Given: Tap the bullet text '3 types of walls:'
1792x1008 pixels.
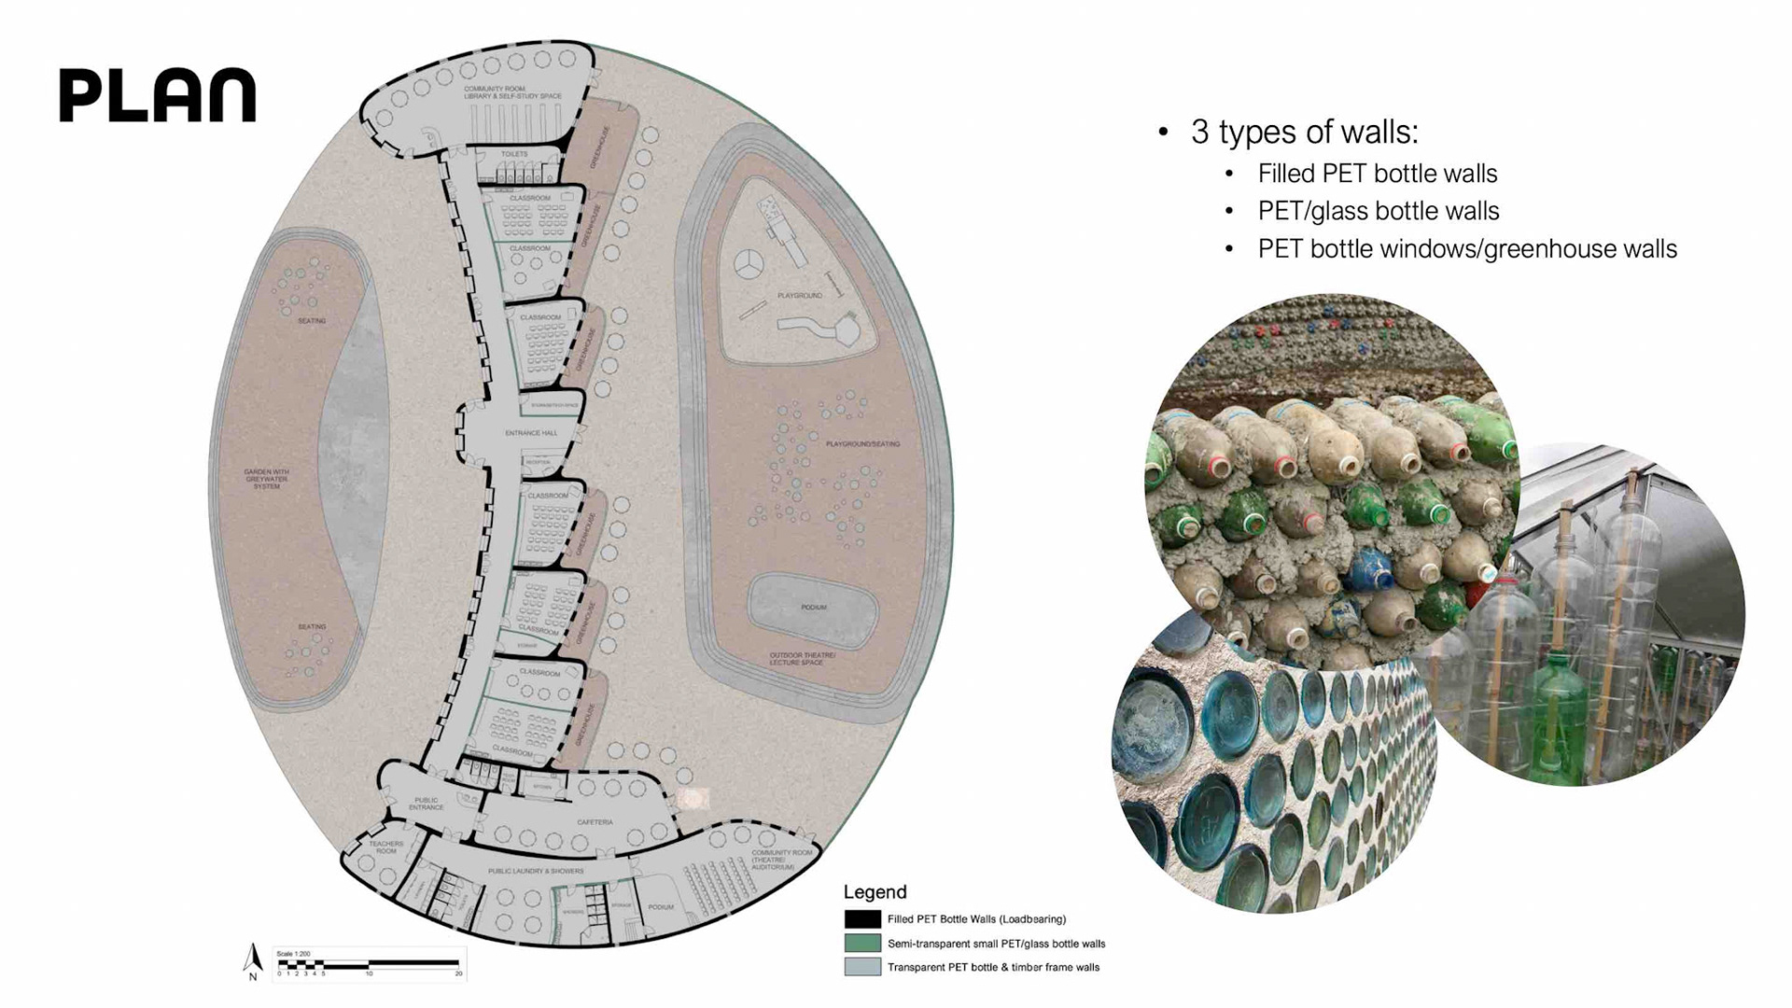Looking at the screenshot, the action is pyautogui.click(x=1304, y=132).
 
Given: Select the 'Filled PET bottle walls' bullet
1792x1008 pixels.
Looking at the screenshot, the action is pyautogui.click(x=1377, y=174).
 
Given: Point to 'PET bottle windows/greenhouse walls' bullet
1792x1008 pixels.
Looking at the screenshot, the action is pyautogui.click(x=1466, y=249).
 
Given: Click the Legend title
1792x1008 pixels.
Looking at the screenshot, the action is pyautogui.click(x=875, y=891).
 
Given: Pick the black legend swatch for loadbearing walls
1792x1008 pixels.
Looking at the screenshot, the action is pyautogui.click(x=862, y=919).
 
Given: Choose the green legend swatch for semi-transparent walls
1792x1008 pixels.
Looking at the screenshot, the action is pyautogui.click(x=862, y=944).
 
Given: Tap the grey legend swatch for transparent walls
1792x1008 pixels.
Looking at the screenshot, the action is pyautogui.click(x=862, y=967).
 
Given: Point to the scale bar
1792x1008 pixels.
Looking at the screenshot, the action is pyautogui.click(x=369, y=962).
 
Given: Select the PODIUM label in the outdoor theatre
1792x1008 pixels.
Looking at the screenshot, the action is pyautogui.click(x=813, y=608).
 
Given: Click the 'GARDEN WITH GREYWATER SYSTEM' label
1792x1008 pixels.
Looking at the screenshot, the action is pyautogui.click(x=267, y=479).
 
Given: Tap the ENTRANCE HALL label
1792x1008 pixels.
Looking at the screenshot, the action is pyautogui.click(x=531, y=433).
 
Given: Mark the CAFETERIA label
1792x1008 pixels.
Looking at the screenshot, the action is pyautogui.click(x=595, y=822).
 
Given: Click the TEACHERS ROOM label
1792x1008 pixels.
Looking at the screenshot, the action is pyautogui.click(x=386, y=847).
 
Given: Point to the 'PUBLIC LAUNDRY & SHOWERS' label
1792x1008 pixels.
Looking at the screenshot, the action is pyautogui.click(x=536, y=871).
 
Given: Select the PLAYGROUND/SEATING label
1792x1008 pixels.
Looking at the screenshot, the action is pyautogui.click(x=862, y=444).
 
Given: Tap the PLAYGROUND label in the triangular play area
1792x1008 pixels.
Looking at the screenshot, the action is pyautogui.click(x=800, y=296).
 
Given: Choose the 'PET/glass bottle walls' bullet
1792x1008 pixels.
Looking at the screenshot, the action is pyautogui.click(x=1378, y=212).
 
